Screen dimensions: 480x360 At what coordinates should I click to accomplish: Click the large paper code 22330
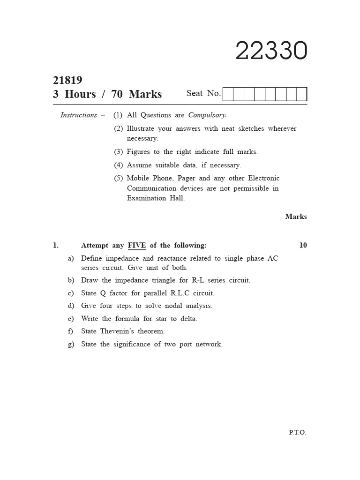[x=271, y=51]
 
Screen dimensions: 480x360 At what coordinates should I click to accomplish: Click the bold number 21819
[x=67, y=81]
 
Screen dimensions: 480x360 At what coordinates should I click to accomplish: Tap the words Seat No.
[x=203, y=93]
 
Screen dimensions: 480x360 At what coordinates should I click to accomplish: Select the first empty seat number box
[x=228, y=95]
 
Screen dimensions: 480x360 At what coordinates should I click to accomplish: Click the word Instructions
[x=78, y=115]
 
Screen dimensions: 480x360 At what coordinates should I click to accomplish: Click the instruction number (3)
[x=118, y=152]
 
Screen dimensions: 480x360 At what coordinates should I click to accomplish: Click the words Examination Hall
[x=156, y=198]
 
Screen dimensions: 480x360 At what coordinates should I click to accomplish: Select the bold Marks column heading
[x=296, y=217]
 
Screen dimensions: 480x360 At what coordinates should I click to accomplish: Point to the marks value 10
[x=303, y=245]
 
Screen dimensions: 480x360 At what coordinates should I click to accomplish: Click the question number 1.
[x=56, y=245]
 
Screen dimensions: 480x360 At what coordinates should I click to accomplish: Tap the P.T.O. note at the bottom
[x=297, y=433]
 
